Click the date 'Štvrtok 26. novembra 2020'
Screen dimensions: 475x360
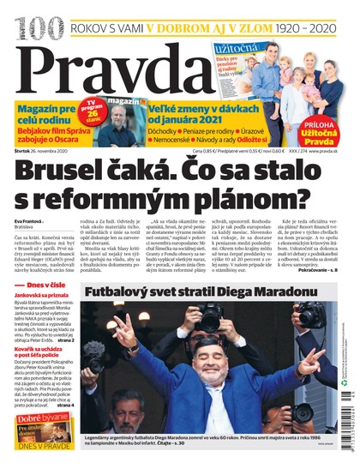tap(44, 152)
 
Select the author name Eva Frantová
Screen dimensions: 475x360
tap(28, 220)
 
